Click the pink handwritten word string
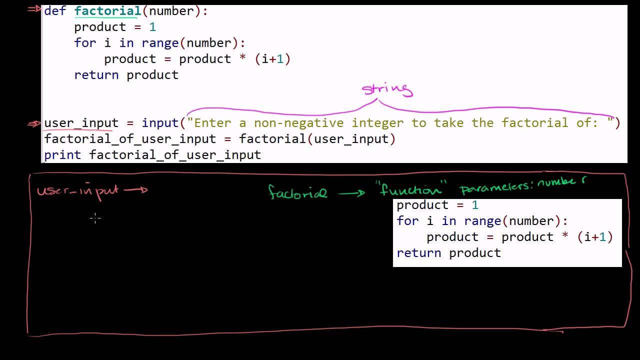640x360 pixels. (x=387, y=90)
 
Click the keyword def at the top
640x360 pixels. (x=55, y=11)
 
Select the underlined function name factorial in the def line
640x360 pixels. (x=107, y=11)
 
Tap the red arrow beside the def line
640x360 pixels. (x=34, y=9)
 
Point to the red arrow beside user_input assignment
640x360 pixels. (x=34, y=124)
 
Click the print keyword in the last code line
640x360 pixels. (x=62, y=155)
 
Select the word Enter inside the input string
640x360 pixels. (x=212, y=123)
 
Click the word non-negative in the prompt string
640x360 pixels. (x=299, y=123)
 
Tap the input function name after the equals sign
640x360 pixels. (x=160, y=123)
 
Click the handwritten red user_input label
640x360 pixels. (x=77, y=191)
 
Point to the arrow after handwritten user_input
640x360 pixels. (x=135, y=189)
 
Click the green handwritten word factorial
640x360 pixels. (x=297, y=191)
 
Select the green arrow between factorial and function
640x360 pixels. (x=351, y=193)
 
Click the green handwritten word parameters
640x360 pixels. (x=496, y=187)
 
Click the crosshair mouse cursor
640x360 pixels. (x=95, y=218)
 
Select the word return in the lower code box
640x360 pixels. (x=419, y=253)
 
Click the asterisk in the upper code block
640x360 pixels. (x=242, y=57)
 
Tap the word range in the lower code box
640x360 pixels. (x=483, y=221)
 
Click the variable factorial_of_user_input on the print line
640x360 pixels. (x=175, y=155)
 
